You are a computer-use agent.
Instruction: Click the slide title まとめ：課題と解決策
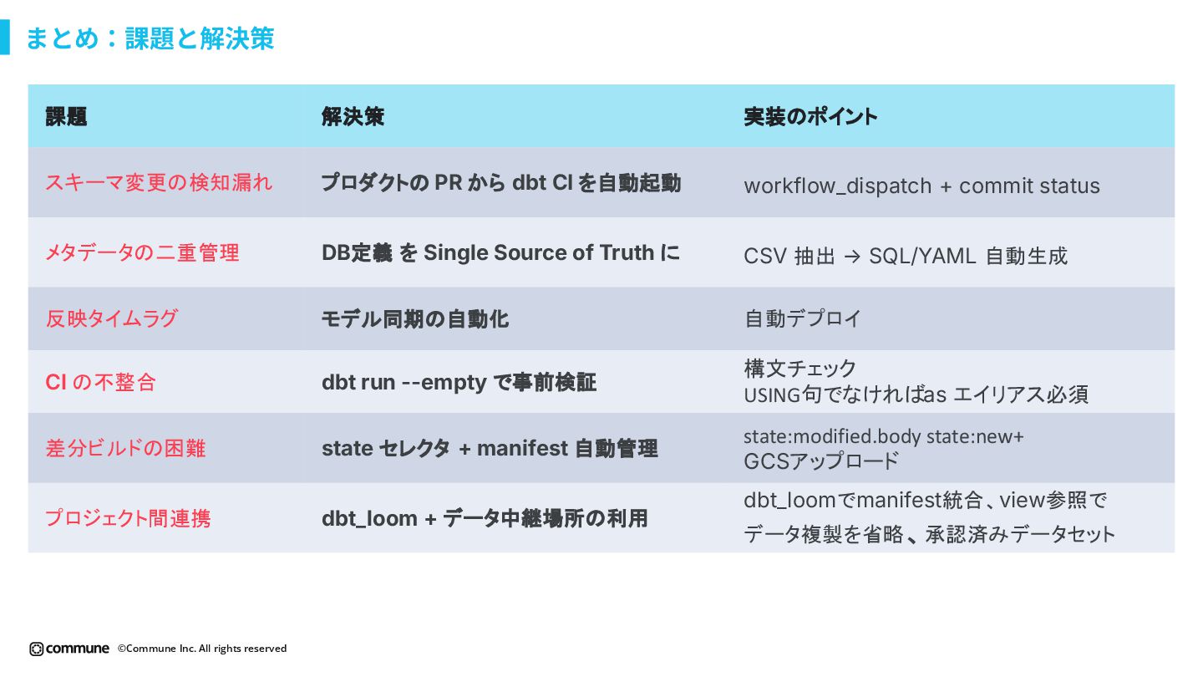pyautogui.click(x=150, y=38)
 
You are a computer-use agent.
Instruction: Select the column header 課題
pyautogui.click(x=66, y=117)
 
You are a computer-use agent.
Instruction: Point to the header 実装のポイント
pyautogui.click(x=810, y=117)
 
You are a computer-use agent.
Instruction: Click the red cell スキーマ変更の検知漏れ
pyautogui.click(x=159, y=182)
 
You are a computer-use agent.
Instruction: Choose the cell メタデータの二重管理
pyautogui.click(x=142, y=252)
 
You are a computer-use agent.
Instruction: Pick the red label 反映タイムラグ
pyautogui.click(x=112, y=318)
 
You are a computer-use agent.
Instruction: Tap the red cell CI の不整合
pyautogui.click(x=101, y=382)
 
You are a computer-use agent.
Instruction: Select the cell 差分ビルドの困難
pyautogui.click(x=125, y=449)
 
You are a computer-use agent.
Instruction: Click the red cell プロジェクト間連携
pyautogui.click(x=128, y=518)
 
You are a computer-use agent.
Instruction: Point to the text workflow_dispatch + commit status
pyautogui.click(x=921, y=186)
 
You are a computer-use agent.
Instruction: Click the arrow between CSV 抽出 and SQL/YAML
pyautogui.click(x=851, y=257)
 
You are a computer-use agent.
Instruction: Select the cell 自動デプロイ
pyautogui.click(x=802, y=318)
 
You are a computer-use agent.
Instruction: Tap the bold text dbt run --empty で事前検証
pyautogui.click(x=459, y=382)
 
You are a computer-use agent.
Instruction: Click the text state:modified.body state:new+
pyautogui.click(x=884, y=437)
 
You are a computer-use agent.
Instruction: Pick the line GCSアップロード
pyautogui.click(x=821, y=461)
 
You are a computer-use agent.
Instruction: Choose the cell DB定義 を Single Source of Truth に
pyautogui.click(x=501, y=252)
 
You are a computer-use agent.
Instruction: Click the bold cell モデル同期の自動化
pyautogui.click(x=415, y=318)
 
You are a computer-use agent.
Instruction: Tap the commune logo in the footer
pyautogui.click(x=69, y=649)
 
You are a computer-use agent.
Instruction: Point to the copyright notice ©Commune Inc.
pyautogui.click(x=202, y=649)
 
